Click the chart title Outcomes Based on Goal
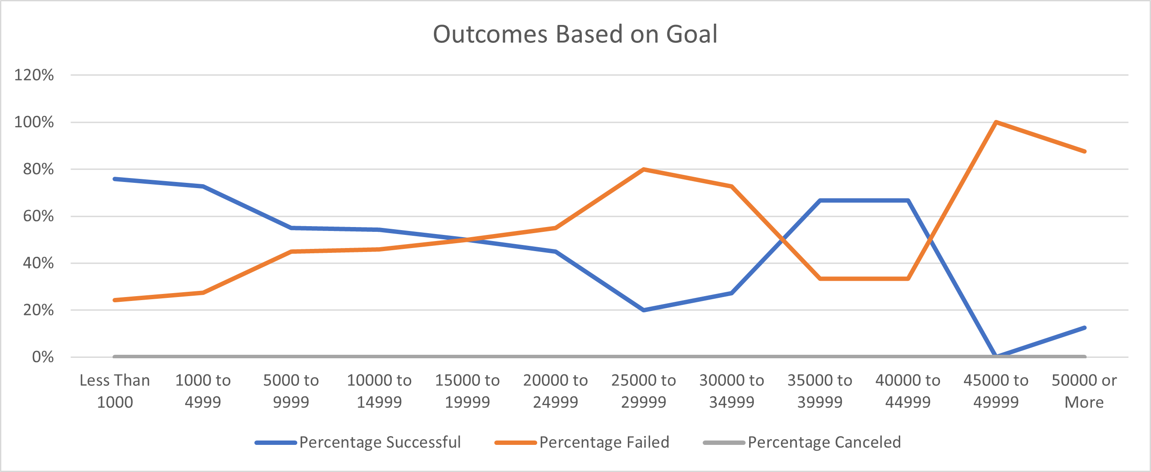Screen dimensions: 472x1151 point(575,34)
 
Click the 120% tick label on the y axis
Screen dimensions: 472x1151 point(34,75)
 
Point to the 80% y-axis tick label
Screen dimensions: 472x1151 point(38,169)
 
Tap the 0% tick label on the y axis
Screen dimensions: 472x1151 point(42,357)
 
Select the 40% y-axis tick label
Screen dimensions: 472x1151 point(38,263)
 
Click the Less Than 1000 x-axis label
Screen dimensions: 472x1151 point(115,391)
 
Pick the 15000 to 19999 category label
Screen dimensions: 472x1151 point(467,391)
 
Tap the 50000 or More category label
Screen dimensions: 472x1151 point(1084,391)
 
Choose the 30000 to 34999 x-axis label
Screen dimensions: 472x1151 point(732,391)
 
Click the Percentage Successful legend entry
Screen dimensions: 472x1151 point(379,442)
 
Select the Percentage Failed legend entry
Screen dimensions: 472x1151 point(604,442)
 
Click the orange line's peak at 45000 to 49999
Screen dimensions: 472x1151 point(996,122)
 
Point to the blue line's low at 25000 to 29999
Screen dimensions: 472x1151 point(644,310)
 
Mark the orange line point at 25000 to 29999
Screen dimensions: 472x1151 point(644,169)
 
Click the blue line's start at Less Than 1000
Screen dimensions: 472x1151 point(115,179)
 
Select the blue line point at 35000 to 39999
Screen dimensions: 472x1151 point(820,200)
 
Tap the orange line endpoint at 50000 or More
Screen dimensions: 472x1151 point(1084,151)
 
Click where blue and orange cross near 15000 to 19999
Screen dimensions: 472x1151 point(467,239)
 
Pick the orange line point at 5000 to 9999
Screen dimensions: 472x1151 point(291,252)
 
